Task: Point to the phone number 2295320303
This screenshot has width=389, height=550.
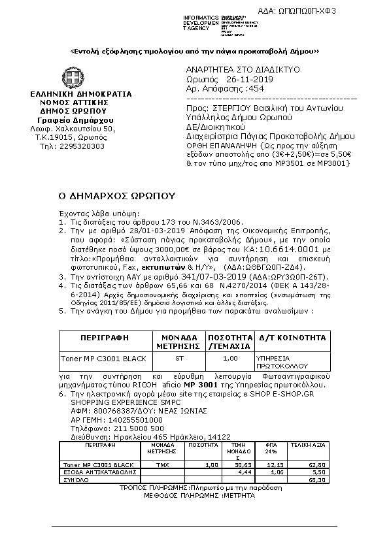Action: click(x=82, y=146)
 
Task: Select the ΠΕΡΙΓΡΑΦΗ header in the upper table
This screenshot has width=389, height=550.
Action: click(x=103, y=338)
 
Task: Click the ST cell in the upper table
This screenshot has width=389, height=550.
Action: click(x=180, y=359)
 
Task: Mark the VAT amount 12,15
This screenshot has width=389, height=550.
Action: click(x=275, y=464)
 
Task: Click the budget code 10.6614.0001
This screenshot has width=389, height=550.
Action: click(x=297, y=250)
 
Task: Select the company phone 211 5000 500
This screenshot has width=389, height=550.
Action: click(x=126, y=428)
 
